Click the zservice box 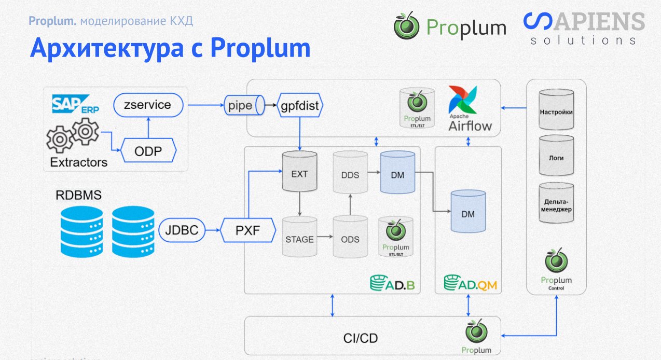click(x=148, y=105)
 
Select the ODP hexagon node click(x=148, y=151)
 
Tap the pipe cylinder click(x=241, y=106)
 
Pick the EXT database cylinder click(x=299, y=174)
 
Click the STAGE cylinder click(x=299, y=238)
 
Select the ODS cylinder click(x=351, y=238)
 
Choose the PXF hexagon click(x=247, y=230)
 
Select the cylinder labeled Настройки click(x=556, y=110)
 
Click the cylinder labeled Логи click(x=556, y=156)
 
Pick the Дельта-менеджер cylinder click(x=556, y=204)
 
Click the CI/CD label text click(x=361, y=339)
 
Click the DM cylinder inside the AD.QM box click(x=468, y=212)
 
